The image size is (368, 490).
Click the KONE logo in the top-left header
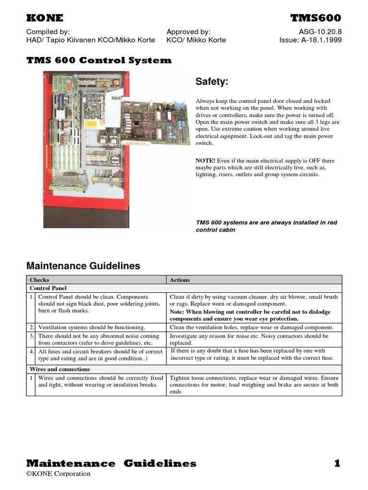click(45, 18)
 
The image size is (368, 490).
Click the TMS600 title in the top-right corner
click(316, 18)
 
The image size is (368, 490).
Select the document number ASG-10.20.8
click(320, 32)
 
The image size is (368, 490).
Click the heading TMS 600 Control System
click(98, 60)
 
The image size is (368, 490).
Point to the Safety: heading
click(212, 82)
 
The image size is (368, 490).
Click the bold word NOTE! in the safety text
click(206, 161)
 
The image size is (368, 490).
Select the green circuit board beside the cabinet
click(153, 122)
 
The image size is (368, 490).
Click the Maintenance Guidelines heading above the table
click(83, 266)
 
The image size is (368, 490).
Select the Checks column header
click(39, 280)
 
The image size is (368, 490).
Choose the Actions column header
click(180, 280)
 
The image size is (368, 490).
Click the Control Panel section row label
click(48, 289)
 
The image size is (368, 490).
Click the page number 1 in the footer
click(337, 463)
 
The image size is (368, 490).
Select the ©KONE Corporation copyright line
click(58, 474)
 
